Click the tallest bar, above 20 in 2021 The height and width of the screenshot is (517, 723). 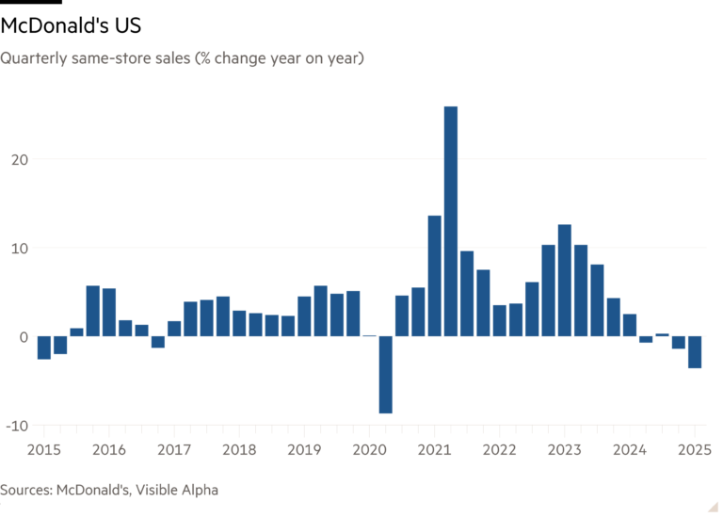[451, 220]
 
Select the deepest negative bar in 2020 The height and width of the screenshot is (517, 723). [386, 375]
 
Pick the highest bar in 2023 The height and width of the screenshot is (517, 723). [565, 280]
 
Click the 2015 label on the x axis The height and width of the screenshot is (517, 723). [44, 449]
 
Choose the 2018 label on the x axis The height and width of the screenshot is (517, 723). [239, 449]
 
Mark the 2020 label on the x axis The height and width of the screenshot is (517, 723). [369, 449]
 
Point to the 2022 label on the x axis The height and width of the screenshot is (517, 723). [499, 449]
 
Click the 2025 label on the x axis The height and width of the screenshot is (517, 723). [694, 449]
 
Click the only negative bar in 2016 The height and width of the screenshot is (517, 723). [158, 342]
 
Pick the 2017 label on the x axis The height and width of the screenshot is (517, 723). [174, 449]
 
